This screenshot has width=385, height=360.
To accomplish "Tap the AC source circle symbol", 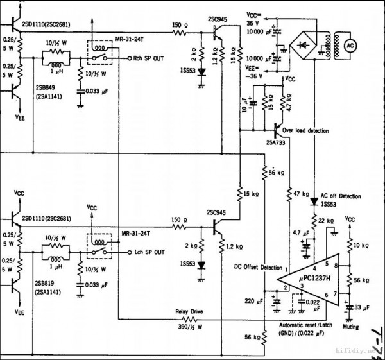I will (x=350, y=46).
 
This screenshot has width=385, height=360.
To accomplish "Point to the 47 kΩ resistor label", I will (x=302, y=193).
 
